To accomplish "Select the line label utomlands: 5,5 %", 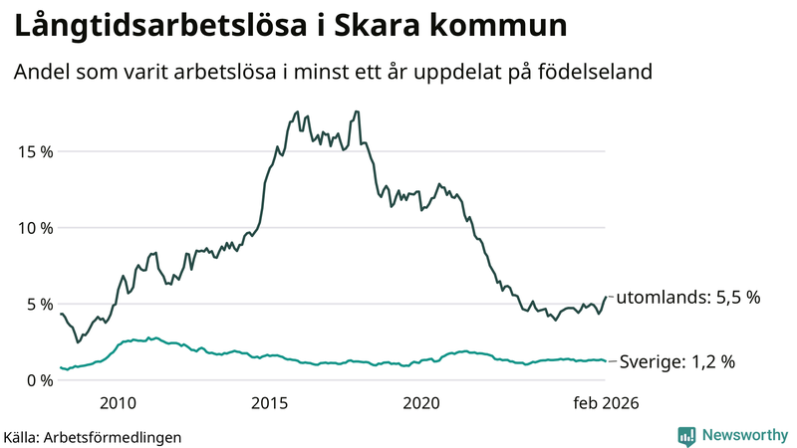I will click(x=688, y=297).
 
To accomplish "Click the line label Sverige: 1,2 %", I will click(x=677, y=362).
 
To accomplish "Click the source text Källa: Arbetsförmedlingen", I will click(x=93, y=436).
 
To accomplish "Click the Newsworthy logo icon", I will click(x=686, y=435).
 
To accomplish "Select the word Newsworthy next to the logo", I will click(x=744, y=435).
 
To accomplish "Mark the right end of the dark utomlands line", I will click(x=607, y=297).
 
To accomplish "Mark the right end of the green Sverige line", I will click(x=607, y=361).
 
